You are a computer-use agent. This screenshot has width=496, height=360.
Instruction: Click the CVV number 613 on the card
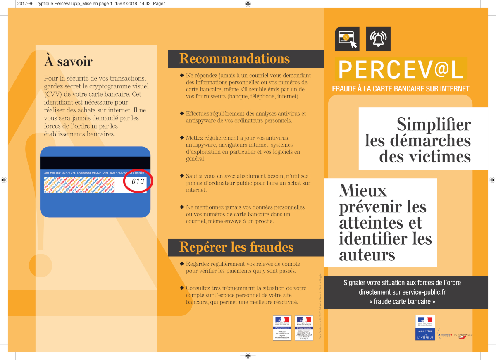click(x=138, y=181)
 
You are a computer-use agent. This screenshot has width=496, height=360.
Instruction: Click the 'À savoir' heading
click(x=68, y=62)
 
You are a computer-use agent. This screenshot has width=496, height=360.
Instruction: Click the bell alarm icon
click(x=378, y=39)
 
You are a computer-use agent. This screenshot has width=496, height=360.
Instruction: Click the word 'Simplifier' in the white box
click(x=434, y=124)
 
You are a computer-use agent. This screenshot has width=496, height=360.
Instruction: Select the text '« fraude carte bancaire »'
click(x=402, y=302)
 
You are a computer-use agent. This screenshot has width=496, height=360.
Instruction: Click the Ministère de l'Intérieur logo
click(x=426, y=328)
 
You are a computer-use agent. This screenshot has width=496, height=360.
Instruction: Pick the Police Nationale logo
click(x=463, y=335)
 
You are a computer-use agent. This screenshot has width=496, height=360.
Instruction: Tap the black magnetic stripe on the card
click(x=95, y=163)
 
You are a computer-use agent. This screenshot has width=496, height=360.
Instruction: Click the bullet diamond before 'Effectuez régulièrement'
click(x=182, y=114)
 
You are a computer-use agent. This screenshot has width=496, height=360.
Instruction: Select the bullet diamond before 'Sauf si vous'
click(x=182, y=176)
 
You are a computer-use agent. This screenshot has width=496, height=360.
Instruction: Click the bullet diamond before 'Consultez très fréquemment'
click(x=182, y=288)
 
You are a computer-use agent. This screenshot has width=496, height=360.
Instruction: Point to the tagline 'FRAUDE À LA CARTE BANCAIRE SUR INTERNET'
click(x=401, y=89)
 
